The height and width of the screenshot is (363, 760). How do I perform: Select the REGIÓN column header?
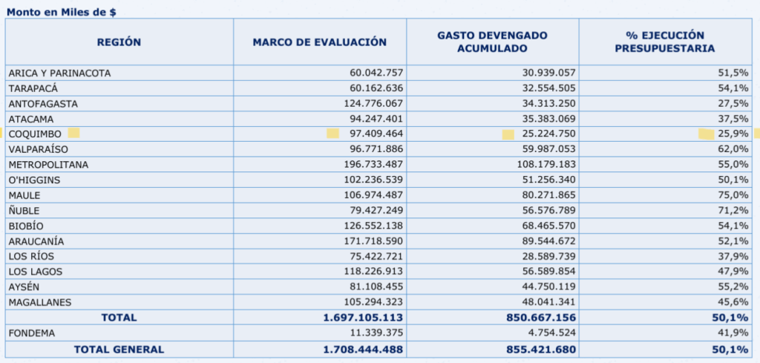pos(119,42)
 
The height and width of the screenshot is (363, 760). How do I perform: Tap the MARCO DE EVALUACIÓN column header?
pos(320,42)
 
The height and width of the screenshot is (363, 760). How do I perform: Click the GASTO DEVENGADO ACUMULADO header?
pos(492,42)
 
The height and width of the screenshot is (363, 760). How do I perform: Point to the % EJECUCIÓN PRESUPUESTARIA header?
pos(665,42)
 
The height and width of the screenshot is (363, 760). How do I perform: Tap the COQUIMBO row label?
pos(35,134)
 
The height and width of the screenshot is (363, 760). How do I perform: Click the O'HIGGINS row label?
pos(34,180)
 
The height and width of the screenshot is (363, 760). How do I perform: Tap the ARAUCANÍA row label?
pos(36,241)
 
